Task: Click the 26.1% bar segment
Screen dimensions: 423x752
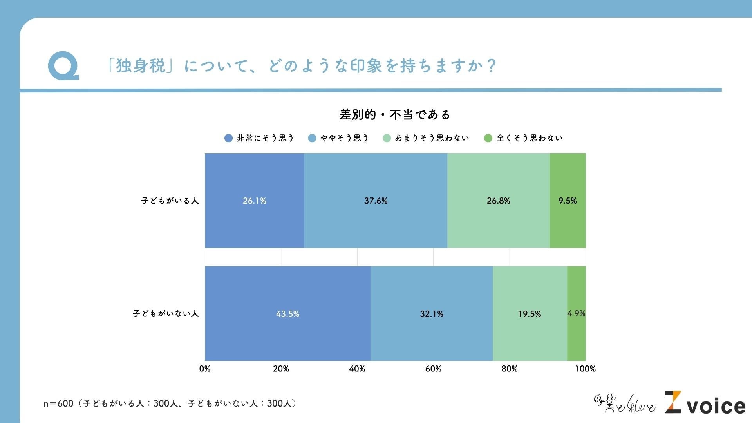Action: [x=255, y=201]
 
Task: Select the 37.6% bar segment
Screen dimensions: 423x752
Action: [x=376, y=201]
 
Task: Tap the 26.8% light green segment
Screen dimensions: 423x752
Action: [x=498, y=201]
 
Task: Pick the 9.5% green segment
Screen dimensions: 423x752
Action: [x=568, y=201]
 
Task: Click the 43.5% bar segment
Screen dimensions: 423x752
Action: [x=287, y=314]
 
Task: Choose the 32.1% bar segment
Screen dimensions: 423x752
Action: [x=431, y=314]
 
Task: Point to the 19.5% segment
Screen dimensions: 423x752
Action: [x=530, y=314]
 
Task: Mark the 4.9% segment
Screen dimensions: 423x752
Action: [x=576, y=314]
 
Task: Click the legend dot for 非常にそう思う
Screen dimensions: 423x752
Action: [x=228, y=138]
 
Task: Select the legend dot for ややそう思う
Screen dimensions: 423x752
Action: [x=312, y=138]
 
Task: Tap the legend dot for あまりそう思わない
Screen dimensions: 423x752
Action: [x=387, y=138]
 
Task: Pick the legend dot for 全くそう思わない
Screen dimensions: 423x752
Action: [x=488, y=138]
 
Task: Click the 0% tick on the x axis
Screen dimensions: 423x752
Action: [x=205, y=369]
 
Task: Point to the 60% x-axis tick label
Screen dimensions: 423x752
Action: [x=433, y=369]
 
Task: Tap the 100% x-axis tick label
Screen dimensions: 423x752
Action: [x=585, y=369]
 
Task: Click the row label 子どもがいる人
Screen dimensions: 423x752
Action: [x=170, y=201]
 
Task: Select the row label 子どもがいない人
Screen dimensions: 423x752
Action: [x=166, y=314]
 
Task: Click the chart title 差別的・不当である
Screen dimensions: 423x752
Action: [x=395, y=115]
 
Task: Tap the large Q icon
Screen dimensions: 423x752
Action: [x=63, y=66]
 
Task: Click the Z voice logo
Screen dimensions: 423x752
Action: [x=705, y=403]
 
